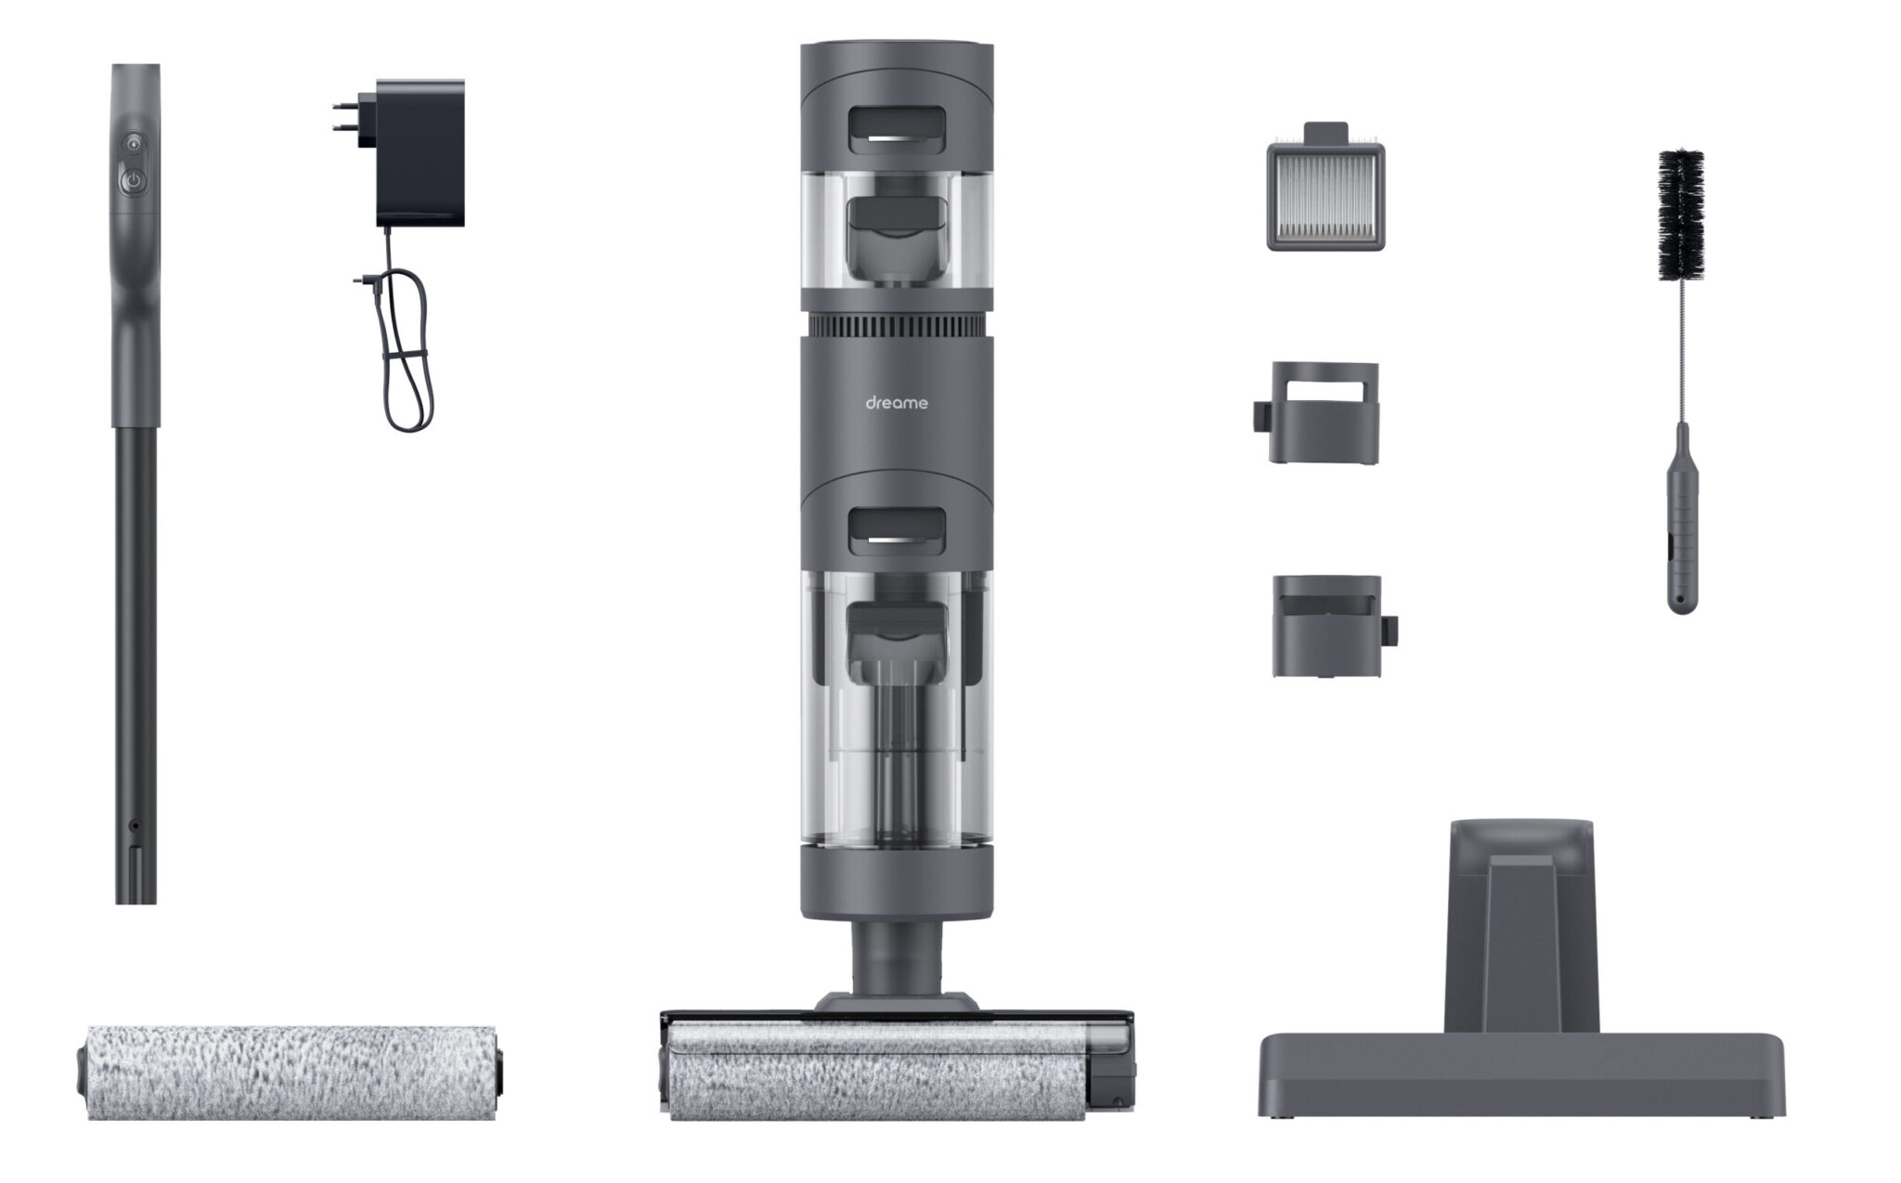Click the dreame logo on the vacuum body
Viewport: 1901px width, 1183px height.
pos(896,403)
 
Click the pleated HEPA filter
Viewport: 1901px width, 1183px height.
pos(1326,196)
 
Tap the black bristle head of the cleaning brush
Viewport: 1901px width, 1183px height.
pos(1681,215)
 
